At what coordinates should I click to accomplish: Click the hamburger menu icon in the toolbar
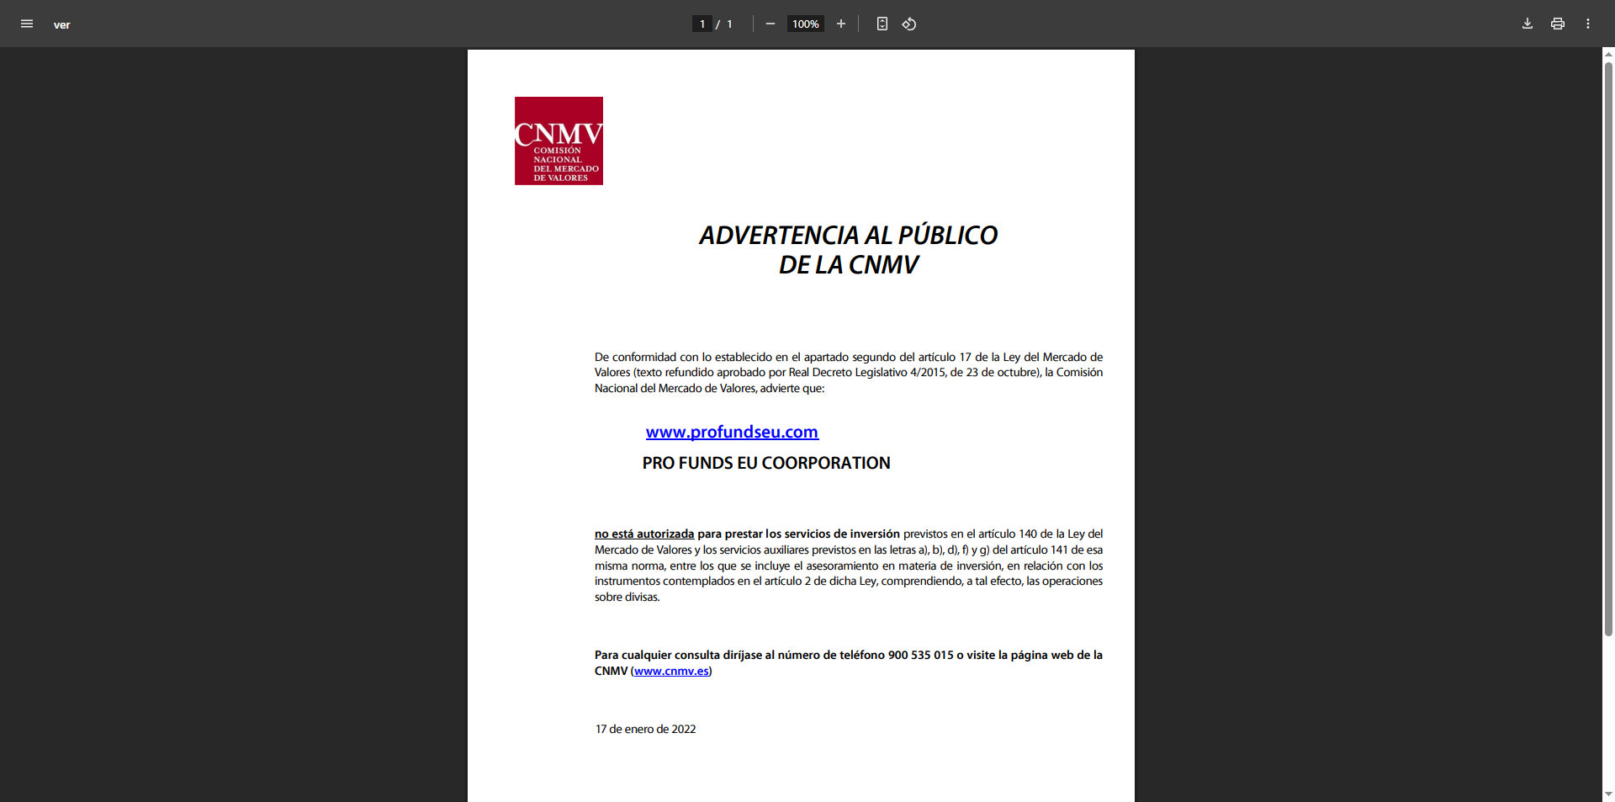coord(27,24)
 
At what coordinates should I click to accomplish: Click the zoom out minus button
coord(770,24)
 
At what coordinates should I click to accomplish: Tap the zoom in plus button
coord(840,24)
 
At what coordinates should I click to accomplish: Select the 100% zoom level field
coord(805,24)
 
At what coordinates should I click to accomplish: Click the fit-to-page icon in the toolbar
coord(882,24)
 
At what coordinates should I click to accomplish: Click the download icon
coord(1527,24)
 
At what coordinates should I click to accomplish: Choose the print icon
coord(1557,24)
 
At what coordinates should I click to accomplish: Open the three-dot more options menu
coord(1587,24)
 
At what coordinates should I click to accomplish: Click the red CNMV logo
coord(559,141)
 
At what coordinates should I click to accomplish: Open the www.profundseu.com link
coord(732,432)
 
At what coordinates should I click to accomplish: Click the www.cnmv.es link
coord(671,671)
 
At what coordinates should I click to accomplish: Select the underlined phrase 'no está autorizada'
coord(644,534)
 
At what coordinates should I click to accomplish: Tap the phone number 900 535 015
coord(920,655)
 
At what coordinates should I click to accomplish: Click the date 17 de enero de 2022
coord(645,729)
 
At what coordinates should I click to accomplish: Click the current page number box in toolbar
coord(702,24)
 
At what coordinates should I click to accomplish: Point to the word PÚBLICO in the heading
coord(947,236)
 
